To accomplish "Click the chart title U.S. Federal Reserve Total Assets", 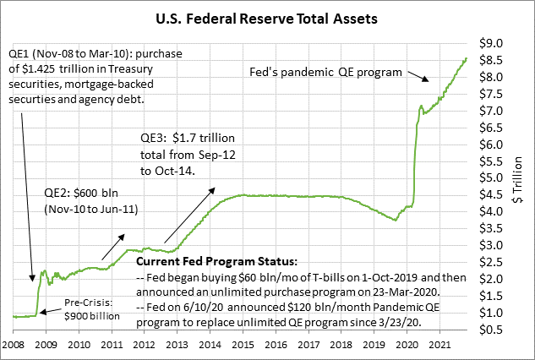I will pyautogui.click(x=267, y=16).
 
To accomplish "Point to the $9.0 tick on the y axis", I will pyautogui.click(x=492, y=43).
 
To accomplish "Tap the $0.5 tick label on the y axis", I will pyautogui.click(x=492, y=329).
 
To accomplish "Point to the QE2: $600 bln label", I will pyautogui.click(x=78, y=192).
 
